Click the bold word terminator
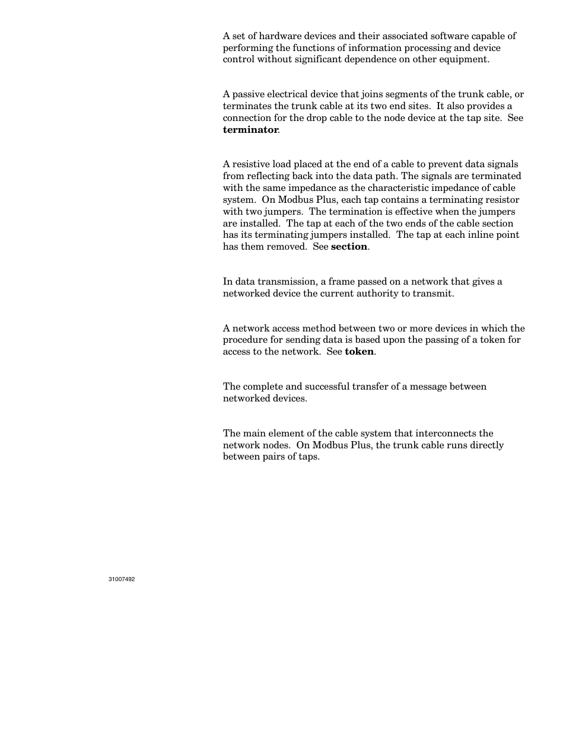click(x=250, y=130)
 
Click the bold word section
click(x=349, y=247)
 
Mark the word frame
click(x=342, y=282)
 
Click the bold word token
click(x=359, y=352)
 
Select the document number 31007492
click(x=122, y=579)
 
